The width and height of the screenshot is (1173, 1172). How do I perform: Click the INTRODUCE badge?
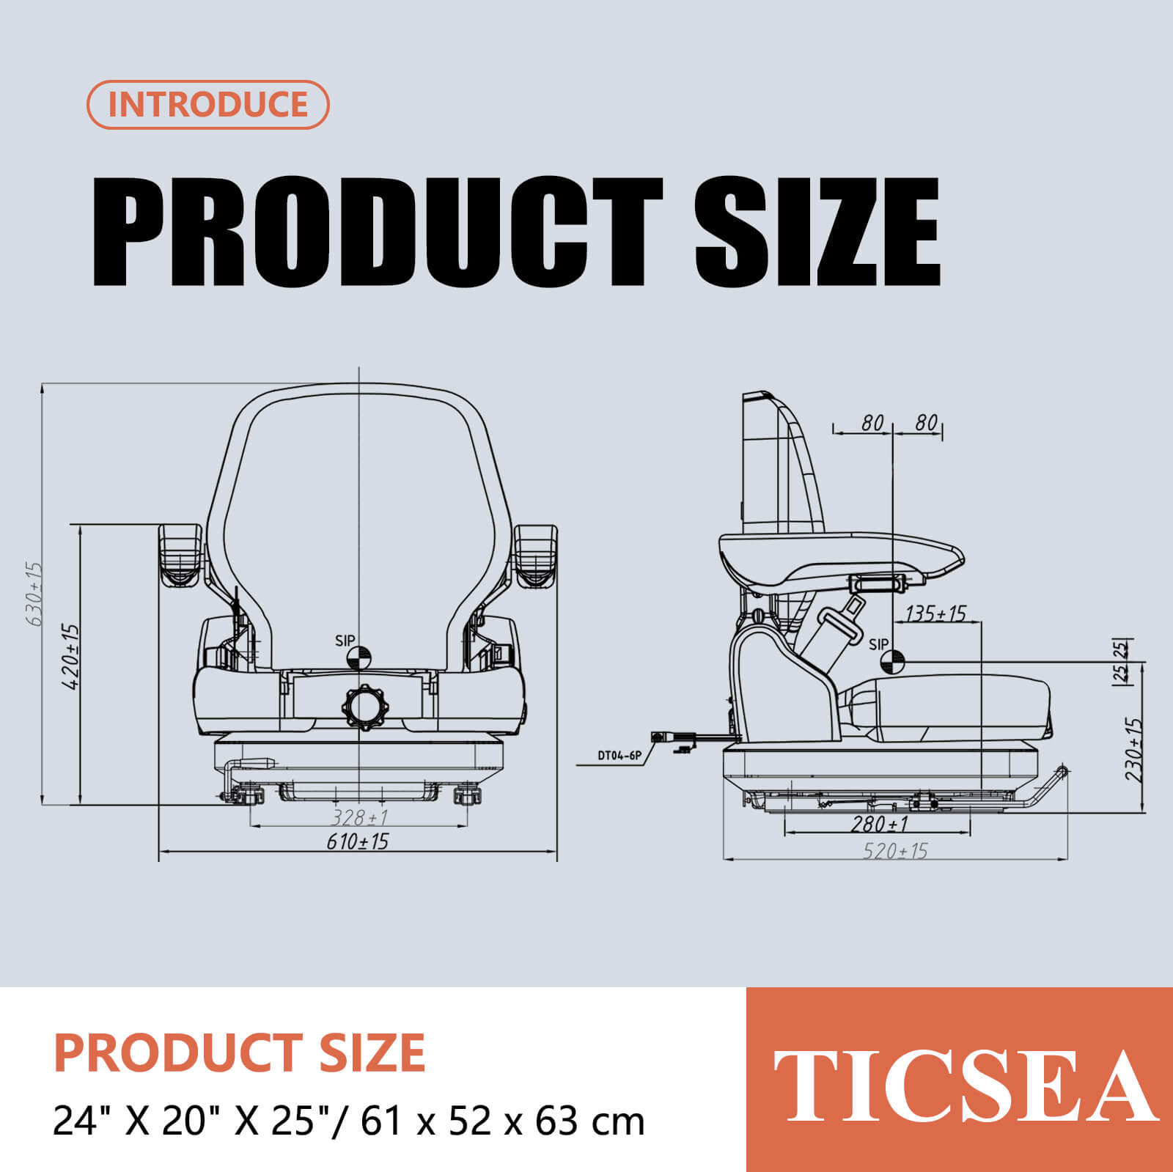(x=208, y=105)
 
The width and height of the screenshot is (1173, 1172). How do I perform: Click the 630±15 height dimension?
(x=34, y=594)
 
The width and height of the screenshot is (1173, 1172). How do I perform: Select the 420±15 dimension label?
(x=70, y=657)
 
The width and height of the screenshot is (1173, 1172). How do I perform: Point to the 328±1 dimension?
(x=359, y=817)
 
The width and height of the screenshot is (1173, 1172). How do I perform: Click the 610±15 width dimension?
(x=358, y=841)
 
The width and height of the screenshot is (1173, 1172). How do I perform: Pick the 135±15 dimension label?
(x=936, y=613)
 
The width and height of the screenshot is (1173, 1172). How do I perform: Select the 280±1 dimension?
(x=880, y=825)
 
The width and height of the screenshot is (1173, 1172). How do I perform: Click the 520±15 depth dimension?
(x=895, y=851)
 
